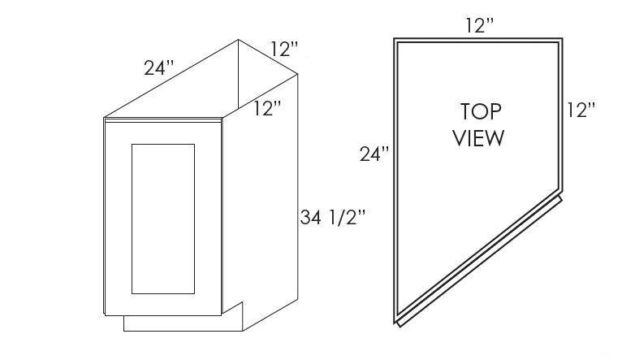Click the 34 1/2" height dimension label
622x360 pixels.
pos(332,218)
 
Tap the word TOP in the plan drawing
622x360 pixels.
pos(481,111)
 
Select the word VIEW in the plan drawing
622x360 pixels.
pos(478,138)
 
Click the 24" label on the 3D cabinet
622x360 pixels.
pos(158,67)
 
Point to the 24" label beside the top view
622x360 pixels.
pos(374,154)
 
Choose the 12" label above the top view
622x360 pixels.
pos(480,25)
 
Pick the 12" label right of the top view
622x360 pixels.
pos(581,110)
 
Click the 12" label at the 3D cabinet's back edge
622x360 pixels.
pos(284,49)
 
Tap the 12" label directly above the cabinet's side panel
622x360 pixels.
pos(267,108)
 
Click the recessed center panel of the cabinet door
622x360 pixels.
pos(163,219)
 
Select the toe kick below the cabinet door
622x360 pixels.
pos(183,323)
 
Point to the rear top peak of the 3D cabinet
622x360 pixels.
pos(239,39)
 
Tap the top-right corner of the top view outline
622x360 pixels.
pos(562,38)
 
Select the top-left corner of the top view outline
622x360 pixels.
pos(394,38)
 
